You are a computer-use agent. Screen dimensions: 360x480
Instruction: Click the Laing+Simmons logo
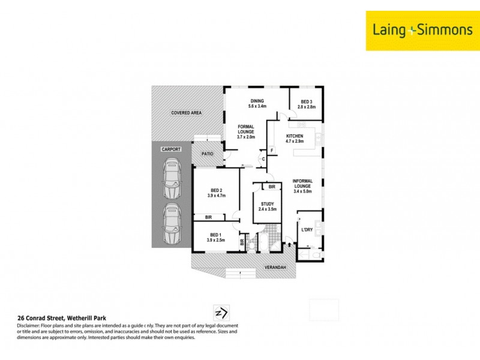[422, 30]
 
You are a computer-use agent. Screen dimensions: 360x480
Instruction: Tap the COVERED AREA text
[185, 113]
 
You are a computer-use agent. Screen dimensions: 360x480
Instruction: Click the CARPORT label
[171, 149]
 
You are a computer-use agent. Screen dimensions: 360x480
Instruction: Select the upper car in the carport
[172, 179]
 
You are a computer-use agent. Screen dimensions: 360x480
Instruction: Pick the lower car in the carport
[172, 224]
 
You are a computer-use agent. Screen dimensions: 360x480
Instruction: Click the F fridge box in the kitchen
[272, 150]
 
